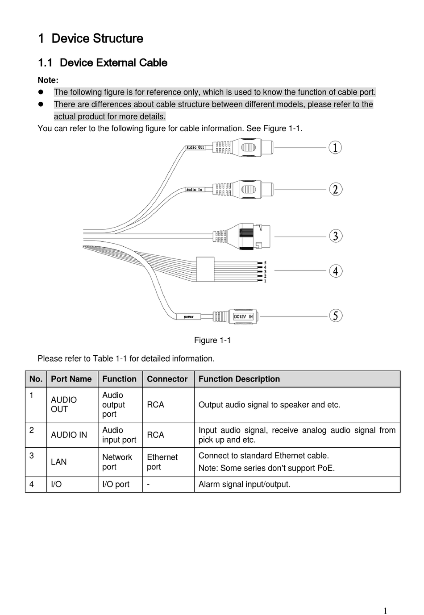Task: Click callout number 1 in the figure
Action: [x=335, y=147]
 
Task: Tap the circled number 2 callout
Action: [x=336, y=189]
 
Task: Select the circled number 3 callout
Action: [x=336, y=236]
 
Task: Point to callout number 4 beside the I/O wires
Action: [x=336, y=271]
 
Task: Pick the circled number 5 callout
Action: [x=336, y=316]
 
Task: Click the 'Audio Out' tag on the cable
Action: [x=195, y=147]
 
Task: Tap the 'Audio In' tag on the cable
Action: [x=194, y=190]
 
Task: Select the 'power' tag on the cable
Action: [x=189, y=316]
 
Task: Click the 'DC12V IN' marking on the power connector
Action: [x=243, y=316]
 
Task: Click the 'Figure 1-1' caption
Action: [x=212, y=340]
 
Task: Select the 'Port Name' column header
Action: [x=71, y=379]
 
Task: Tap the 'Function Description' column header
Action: [x=239, y=379]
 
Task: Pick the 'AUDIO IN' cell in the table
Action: [x=69, y=435]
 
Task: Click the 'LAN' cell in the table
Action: [x=58, y=462]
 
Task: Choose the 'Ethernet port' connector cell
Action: [x=162, y=462]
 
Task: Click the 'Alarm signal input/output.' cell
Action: [x=244, y=484]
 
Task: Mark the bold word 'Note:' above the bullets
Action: [x=48, y=80]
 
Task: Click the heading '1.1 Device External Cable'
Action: [x=103, y=62]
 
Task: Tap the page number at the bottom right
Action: [x=385, y=611]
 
